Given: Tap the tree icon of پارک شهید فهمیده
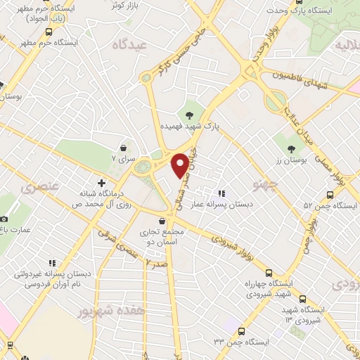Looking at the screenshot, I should pos(191,114).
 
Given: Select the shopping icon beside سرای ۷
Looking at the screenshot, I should pos(124,148).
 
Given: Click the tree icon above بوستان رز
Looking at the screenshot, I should pos(291,148).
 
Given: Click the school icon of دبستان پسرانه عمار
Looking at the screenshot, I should pos(222,193).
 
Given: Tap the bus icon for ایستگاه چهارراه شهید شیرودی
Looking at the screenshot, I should pos(269,273).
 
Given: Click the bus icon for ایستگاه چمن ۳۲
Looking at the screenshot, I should pos(241,330).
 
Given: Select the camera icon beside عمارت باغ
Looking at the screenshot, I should pos(4,219).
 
